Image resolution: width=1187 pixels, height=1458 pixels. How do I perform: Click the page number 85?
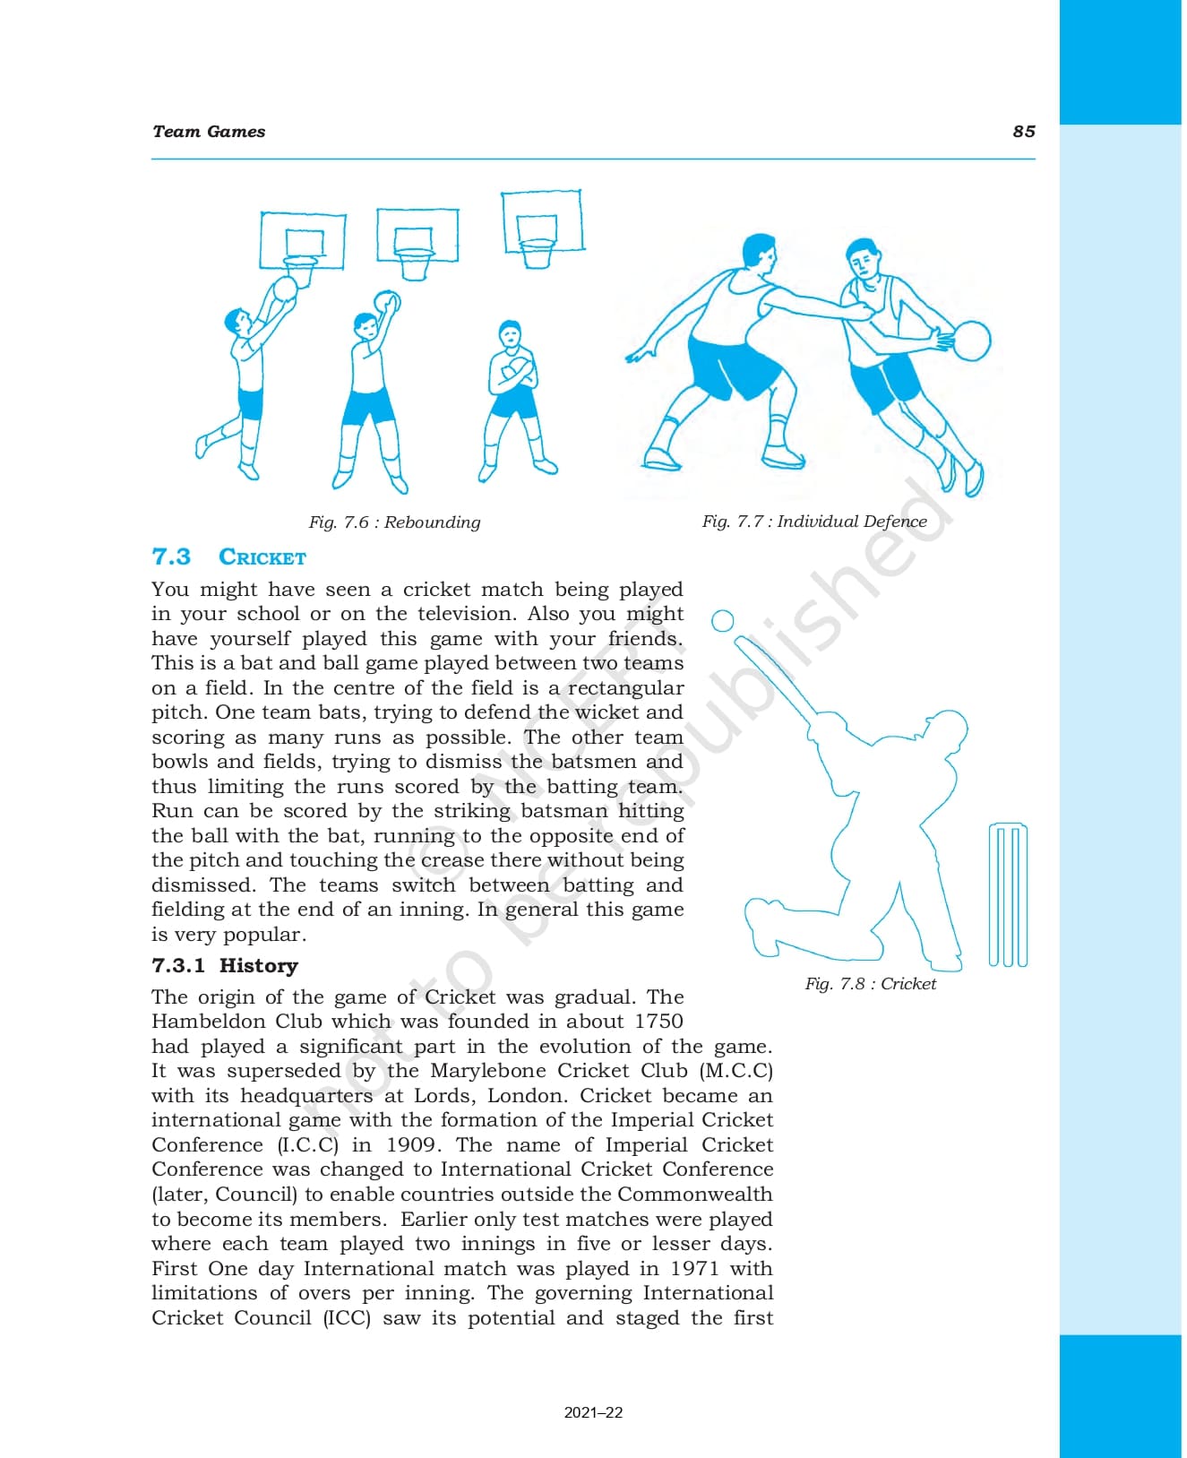[1023, 132]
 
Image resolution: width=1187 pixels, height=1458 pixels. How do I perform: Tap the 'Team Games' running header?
[209, 132]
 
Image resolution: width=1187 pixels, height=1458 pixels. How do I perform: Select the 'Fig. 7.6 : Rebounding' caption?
[394, 522]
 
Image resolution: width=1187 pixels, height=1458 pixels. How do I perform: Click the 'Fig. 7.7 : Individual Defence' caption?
[813, 521]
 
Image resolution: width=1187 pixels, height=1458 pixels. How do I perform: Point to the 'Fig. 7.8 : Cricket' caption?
[870, 983]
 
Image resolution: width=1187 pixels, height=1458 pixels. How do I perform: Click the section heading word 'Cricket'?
[262, 557]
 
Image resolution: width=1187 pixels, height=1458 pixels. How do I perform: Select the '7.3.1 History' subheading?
[225, 965]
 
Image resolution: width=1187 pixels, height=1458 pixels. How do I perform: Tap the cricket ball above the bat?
[722, 621]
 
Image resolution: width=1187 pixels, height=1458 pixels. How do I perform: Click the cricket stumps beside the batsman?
[1008, 894]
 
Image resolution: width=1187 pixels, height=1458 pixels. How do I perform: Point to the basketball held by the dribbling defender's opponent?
[971, 341]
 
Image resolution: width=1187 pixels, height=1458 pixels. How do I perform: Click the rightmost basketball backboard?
[542, 220]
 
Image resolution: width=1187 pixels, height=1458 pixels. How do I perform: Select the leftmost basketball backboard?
[302, 240]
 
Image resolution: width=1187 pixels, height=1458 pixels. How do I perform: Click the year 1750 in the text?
[658, 1022]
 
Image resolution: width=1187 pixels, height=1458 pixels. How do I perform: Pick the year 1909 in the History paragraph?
[411, 1145]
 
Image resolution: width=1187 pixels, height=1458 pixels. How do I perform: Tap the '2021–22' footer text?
[593, 1413]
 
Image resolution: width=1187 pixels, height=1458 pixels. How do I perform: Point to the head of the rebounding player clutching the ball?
[510, 334]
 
